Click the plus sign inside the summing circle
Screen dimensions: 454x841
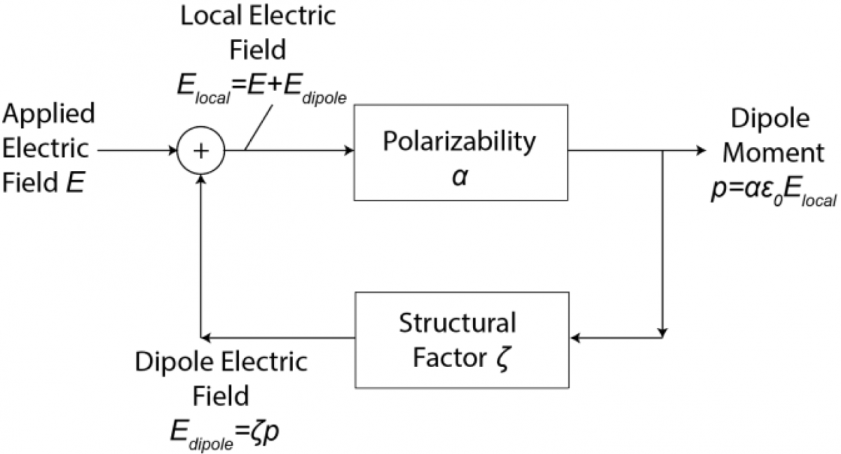201,150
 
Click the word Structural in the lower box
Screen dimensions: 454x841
458,324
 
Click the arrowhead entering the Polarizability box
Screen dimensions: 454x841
348,150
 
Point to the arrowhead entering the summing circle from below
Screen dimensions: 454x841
201,179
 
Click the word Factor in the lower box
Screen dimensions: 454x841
448,357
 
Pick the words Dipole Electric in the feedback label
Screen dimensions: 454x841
221,364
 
